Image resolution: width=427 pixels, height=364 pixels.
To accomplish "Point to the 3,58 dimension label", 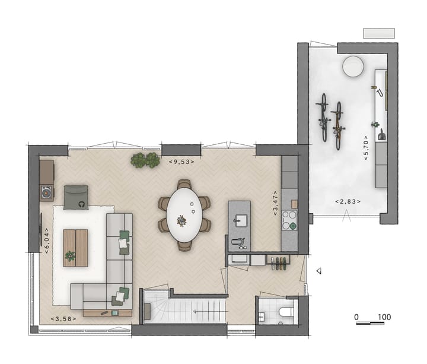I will click(63, 319).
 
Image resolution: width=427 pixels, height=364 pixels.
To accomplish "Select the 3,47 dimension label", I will click(276, 203).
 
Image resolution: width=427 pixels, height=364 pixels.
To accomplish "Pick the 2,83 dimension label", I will click(348, 202).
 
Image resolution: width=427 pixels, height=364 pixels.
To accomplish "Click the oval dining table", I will click(184, 214).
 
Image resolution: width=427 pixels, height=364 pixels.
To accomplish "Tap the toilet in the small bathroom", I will click(285, 312).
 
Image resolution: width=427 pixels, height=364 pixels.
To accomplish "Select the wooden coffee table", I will click(75, 248).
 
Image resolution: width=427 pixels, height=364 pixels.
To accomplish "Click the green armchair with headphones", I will click(77, 197).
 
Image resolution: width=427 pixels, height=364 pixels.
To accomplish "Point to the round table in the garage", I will click(354, 66).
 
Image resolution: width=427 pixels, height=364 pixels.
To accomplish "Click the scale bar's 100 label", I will click(384, 316).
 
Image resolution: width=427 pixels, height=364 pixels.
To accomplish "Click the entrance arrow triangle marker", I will click(318, 271).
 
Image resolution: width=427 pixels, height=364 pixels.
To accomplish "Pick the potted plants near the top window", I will click(145, 160).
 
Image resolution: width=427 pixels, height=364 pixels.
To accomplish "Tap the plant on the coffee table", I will click(71, 256).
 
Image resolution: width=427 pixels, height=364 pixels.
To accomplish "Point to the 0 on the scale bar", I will click(356, 316).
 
